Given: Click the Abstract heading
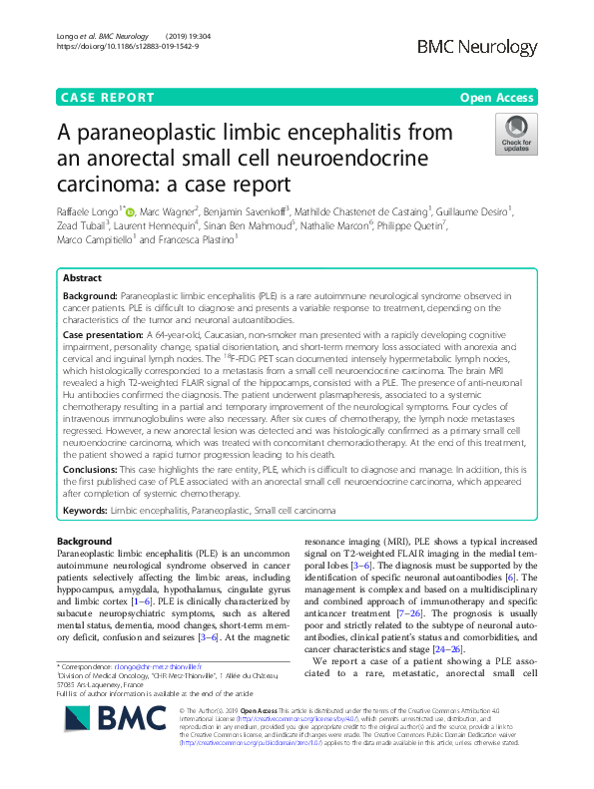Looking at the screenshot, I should click(x=82, y=278).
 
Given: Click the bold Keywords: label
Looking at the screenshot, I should click(x=85, y=510).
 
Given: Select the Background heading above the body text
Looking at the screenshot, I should click(x=85, y=541).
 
